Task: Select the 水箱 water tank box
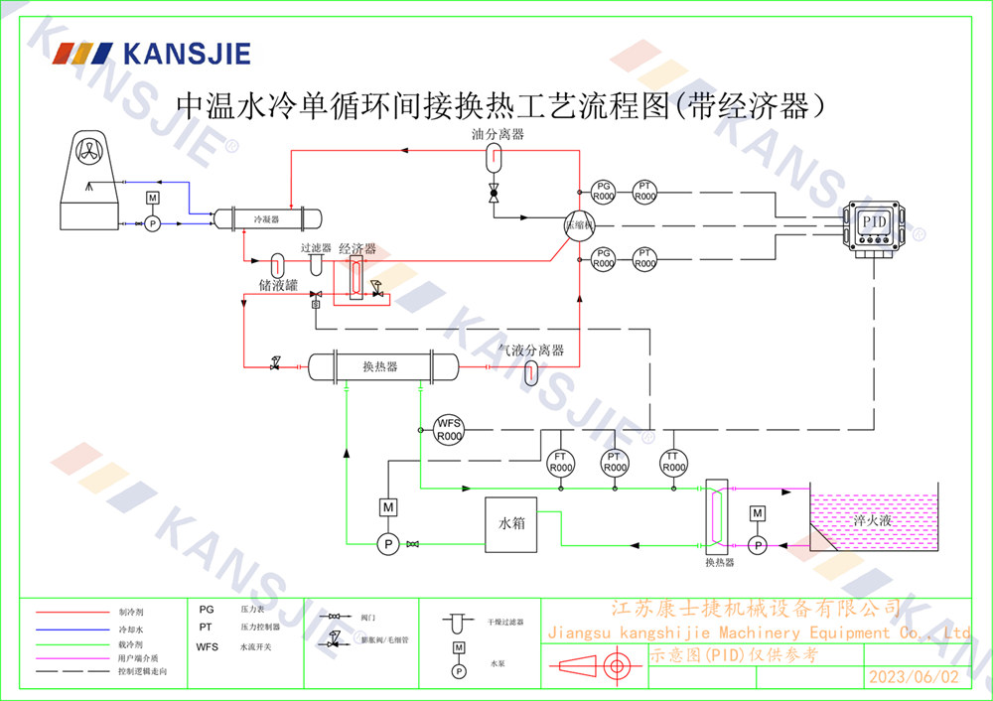[x=511, y=523]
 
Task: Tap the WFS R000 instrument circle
[x=450, y=430]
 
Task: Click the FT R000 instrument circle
[x=561, y=462]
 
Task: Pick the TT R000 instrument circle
[x=674, y=462]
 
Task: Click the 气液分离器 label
[x=531, y=350]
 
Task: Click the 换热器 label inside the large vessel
[x=380, y=367]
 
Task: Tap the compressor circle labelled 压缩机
[x=578, y=225]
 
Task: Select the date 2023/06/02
[x=914, y=678]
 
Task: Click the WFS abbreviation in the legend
[x=208, y=646]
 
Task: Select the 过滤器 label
[x=316, y=248]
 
